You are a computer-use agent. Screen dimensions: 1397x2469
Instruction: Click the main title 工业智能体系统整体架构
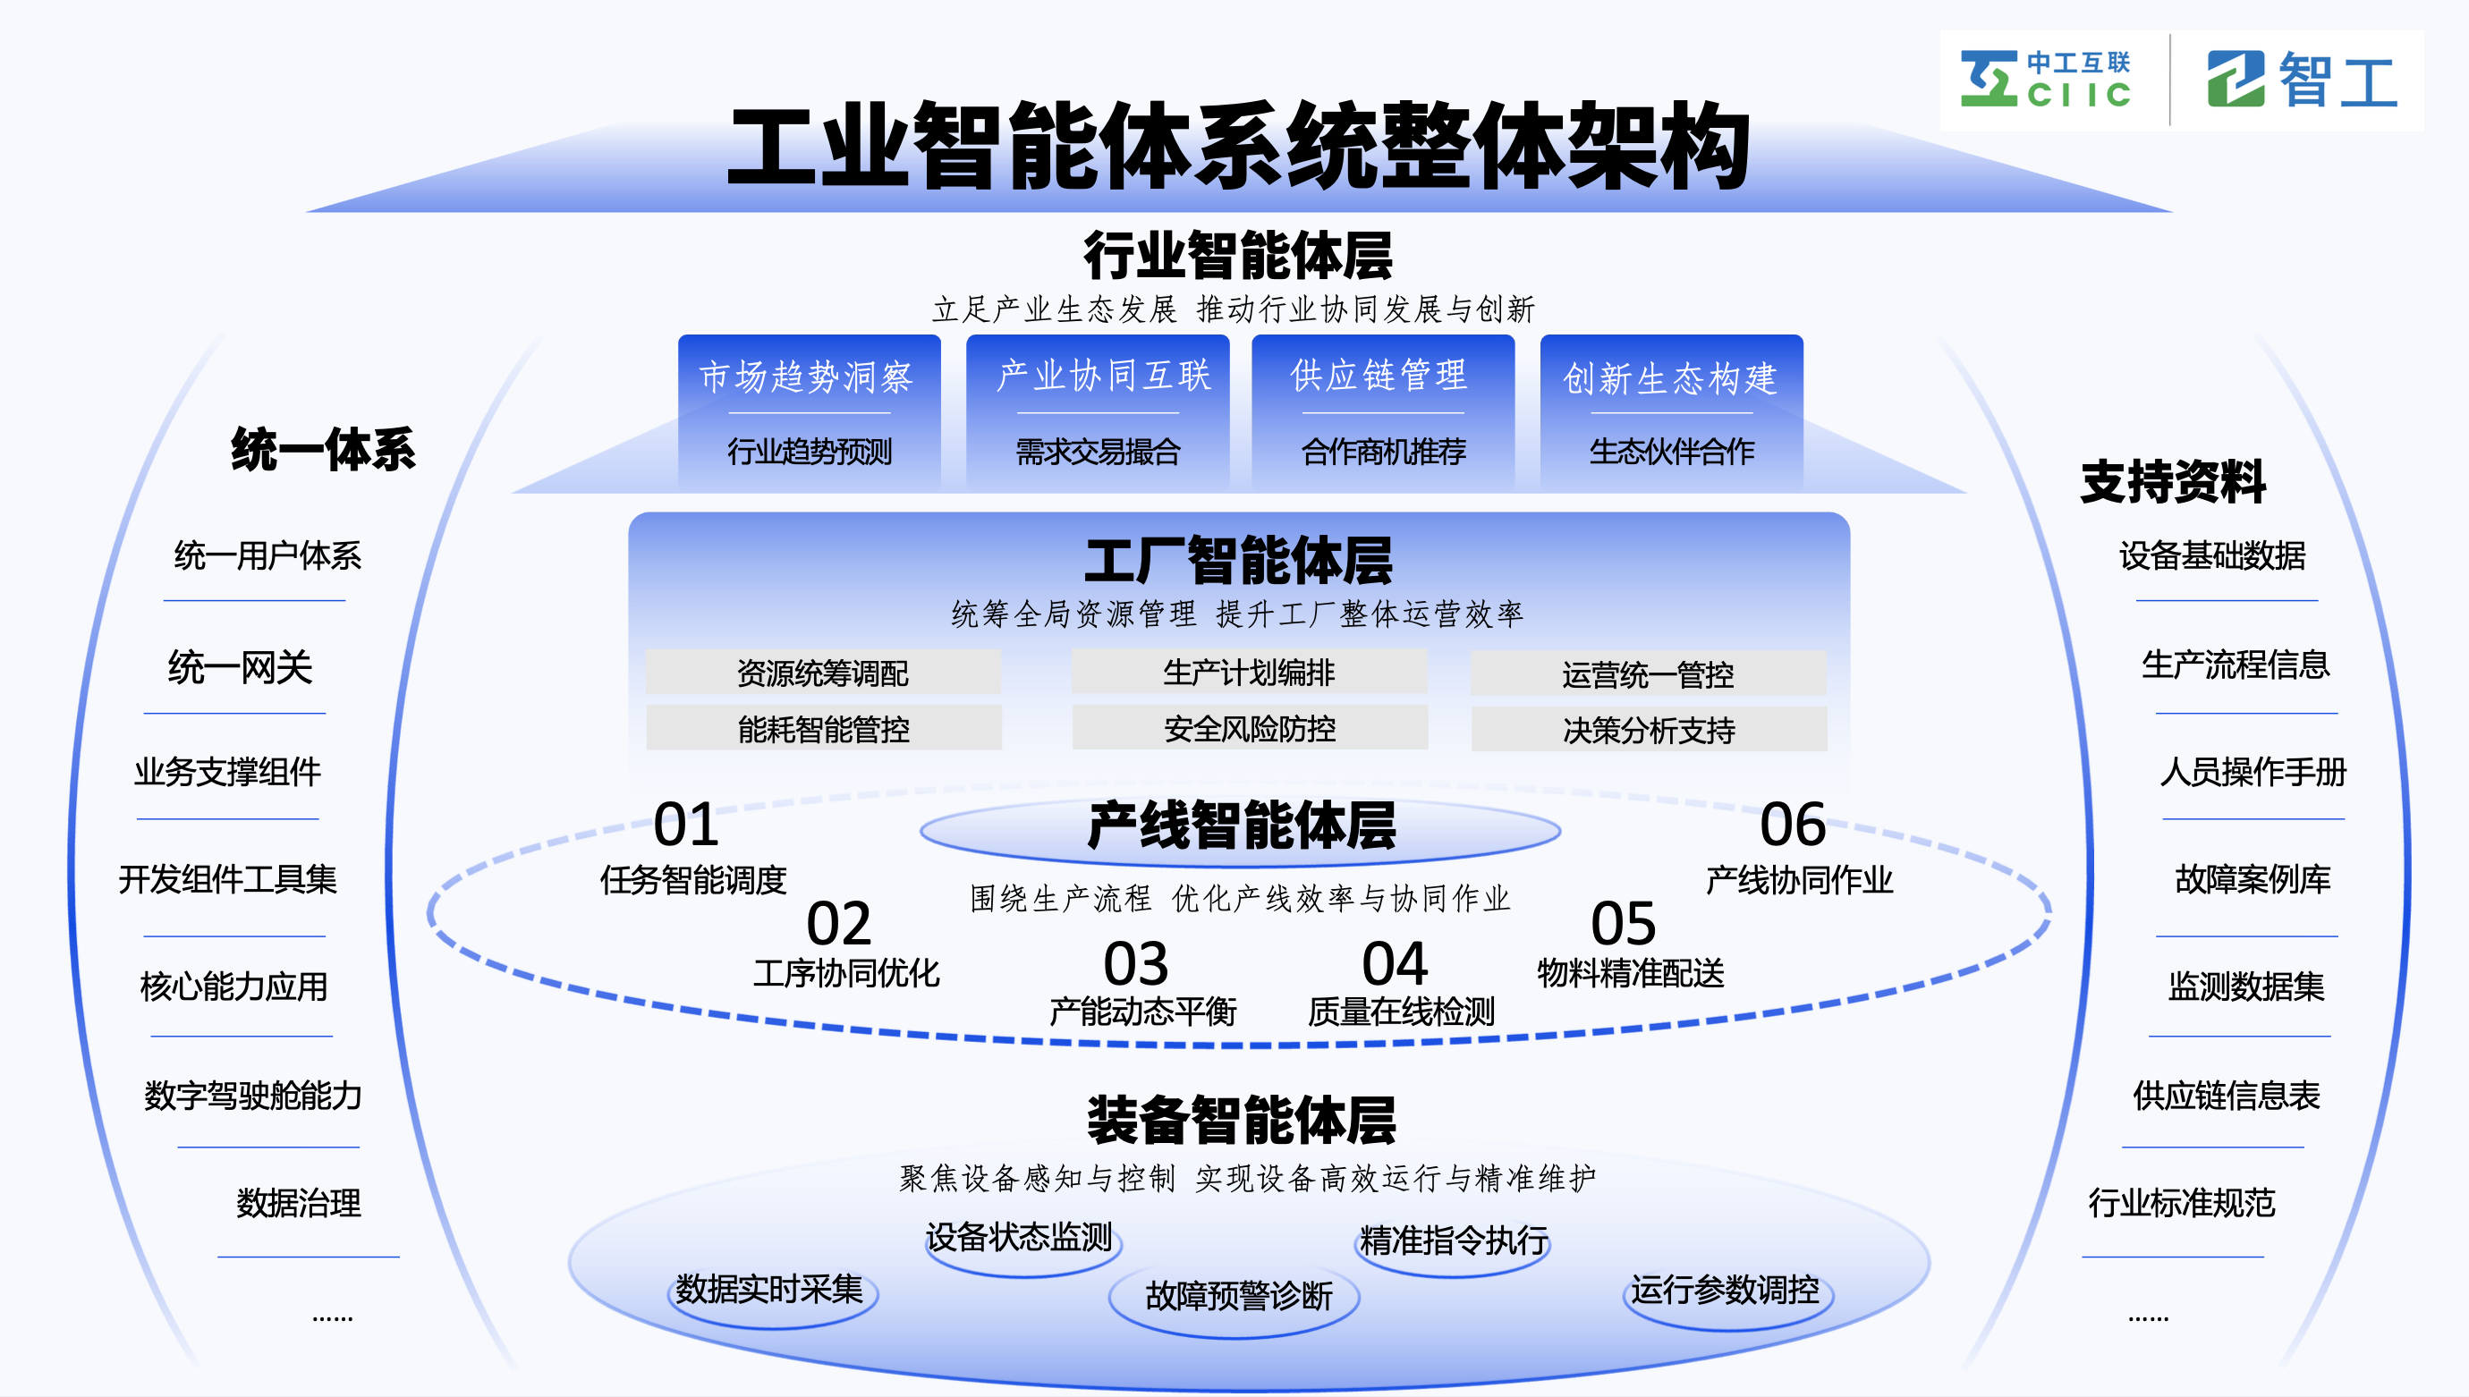click(1238, 147)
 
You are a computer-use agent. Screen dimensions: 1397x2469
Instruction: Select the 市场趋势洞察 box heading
click(806, 377)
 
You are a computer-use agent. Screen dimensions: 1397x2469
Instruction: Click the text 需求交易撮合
click(1098, 451)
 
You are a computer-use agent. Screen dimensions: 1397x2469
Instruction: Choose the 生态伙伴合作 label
click(1671, 451)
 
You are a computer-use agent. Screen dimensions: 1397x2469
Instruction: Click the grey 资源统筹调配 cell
click(822, 673)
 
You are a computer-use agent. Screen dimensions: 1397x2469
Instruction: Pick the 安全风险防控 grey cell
click(1250, 728)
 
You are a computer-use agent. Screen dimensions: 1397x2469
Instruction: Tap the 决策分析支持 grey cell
click(1649, 730)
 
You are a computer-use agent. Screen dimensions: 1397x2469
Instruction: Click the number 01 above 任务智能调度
click(685, 825)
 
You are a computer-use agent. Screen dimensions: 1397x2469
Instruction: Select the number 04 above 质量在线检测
click(1395, 963)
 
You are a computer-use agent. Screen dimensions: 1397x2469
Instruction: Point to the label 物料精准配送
click(1630, 973)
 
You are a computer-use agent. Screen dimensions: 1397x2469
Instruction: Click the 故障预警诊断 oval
click(1238, 1295)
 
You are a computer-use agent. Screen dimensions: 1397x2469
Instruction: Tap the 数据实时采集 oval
click(769, 1289)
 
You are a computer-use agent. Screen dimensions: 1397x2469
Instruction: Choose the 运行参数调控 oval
click(1725, 1289)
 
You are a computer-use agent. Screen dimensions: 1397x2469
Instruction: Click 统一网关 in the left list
click(240, 667)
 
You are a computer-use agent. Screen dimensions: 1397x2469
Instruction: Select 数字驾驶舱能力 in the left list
click(253, 1095)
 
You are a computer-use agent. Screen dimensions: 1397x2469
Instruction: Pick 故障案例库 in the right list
click(2253, 878)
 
